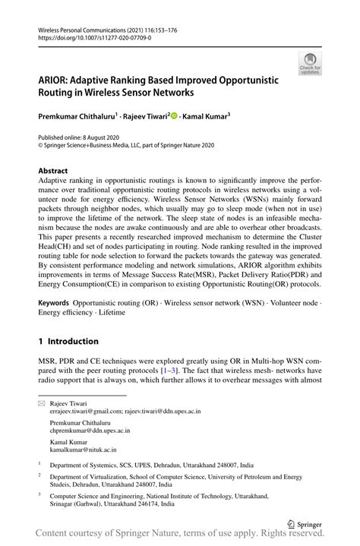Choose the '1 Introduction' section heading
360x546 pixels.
click(68, 342)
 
